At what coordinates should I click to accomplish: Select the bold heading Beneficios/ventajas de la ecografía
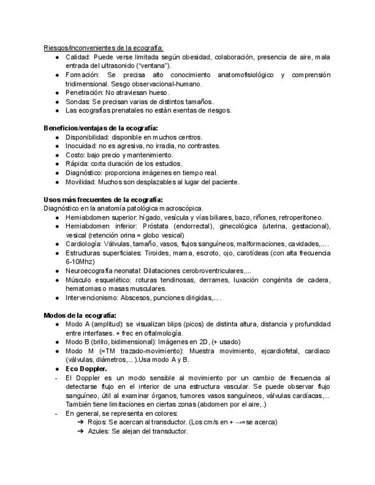coord(101,128)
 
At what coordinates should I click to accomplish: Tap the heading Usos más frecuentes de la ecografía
coord(103,200)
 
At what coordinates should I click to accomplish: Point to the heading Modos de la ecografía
coord(80,315)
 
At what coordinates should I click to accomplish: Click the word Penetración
coord(84,93)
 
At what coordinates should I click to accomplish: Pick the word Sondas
coord(77,102)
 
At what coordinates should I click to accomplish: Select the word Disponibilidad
coord(86,137)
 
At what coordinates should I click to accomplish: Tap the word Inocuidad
coord(81,146)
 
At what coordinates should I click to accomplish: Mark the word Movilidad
coord(80,182)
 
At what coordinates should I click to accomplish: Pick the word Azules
coord(98,431)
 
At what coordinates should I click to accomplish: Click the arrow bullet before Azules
coord(81,431)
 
